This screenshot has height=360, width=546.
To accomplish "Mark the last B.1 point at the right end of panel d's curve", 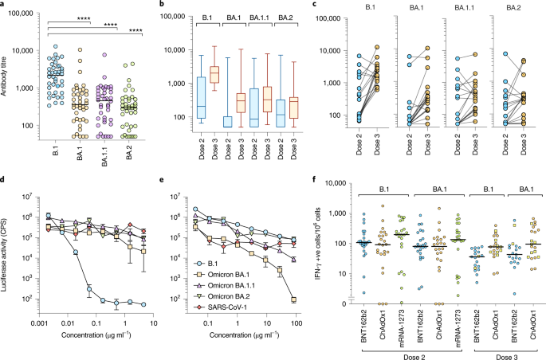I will click(x=143, y=304).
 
